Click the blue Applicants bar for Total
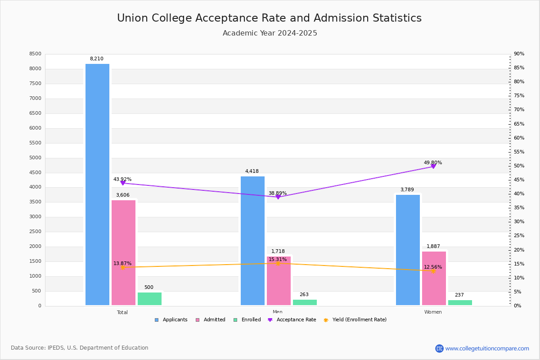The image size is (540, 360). click(97, 184)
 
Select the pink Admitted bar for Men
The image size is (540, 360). click(279, 281)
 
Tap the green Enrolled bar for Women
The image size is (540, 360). click(460, 303)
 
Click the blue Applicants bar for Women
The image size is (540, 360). click(408, 250)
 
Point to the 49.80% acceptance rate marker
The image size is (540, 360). click(433, 166)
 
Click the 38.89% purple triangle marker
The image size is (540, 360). click(278, 197)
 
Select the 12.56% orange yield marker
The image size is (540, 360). click(433, 271)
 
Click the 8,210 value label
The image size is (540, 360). click(97, 59)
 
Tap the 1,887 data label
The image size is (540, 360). click(433, 247)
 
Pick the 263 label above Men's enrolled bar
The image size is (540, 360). click(304, 295)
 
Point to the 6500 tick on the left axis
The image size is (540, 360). click(36, 113)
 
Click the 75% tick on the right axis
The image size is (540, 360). click(519, 96)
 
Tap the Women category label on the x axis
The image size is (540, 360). click(433, 312)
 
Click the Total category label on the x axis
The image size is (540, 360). click(122, 312)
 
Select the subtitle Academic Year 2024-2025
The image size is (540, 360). click(270, 33)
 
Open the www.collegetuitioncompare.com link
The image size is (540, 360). click(487, 348)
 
